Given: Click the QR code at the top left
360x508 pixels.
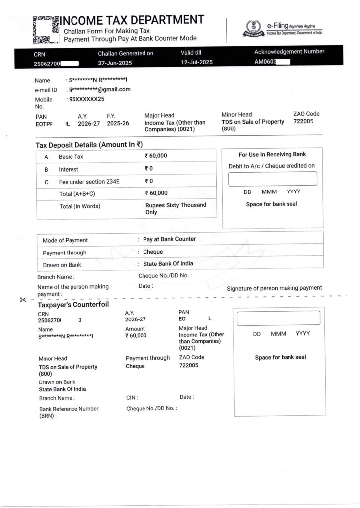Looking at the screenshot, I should (46, 29).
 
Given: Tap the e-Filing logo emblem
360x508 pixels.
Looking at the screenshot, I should (253, 29).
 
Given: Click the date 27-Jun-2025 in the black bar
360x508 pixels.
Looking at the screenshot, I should (115, 63).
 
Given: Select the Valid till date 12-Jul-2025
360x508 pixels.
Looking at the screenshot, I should (197, 63).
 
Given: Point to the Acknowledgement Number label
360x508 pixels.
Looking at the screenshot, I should (289, 51).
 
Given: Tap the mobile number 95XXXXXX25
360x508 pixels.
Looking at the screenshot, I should (86, 99).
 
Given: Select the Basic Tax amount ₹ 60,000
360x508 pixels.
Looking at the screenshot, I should (156, 156).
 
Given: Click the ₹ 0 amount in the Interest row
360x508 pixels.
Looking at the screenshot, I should (149, 169).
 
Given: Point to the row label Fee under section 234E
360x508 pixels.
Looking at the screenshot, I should (89, 182).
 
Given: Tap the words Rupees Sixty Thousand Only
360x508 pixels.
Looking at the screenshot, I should (175, 208).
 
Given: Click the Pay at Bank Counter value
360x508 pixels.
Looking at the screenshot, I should (169, 239).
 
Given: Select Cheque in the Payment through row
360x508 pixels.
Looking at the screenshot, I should (153, 252).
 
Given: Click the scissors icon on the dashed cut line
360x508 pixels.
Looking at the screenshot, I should (23, 300).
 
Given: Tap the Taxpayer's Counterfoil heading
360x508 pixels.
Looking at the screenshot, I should (73, 304).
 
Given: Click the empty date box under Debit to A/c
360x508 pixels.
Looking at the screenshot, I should (272, 179).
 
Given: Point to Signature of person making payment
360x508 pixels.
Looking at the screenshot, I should (274, 288).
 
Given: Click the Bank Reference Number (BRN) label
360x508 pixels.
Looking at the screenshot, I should (69, 412).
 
